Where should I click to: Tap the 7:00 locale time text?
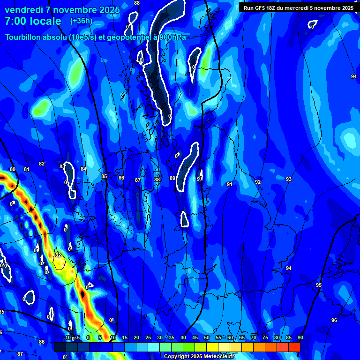point(33,21)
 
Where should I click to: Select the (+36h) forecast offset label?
point(81,21)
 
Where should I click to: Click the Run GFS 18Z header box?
point(299,7)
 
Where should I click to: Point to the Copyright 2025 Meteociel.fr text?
point(199,356)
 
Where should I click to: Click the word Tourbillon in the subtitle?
point(25,37)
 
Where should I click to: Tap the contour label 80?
point(13,169)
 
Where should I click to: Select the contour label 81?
point(27,169)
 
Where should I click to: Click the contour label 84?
point(83,169)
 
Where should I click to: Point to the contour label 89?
point(172,178)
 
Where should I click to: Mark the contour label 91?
point(230,184)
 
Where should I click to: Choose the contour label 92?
point(258,182)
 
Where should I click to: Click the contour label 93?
point(289,179)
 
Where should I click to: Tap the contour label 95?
point(319,285)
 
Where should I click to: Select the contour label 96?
point(334,320)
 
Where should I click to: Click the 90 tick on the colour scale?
point(300,338)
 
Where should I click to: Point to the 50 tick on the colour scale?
point(207,338)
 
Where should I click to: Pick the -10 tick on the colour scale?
point(67,338)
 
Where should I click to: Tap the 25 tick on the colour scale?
point(148,338)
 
